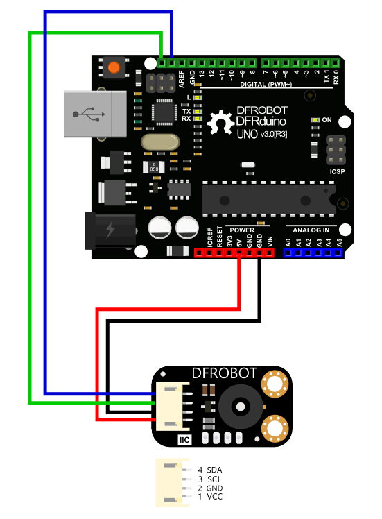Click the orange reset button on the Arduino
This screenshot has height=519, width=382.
coord(113,68)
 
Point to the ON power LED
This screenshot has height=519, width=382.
coord(315,121)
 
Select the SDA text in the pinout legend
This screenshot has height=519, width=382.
coord(214,470)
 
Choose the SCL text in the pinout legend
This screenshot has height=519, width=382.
coord(214,479)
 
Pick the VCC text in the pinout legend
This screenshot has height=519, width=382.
coord(214,497)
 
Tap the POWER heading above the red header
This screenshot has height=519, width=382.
coord(242,230)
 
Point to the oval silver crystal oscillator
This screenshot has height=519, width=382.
coord(160,142)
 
